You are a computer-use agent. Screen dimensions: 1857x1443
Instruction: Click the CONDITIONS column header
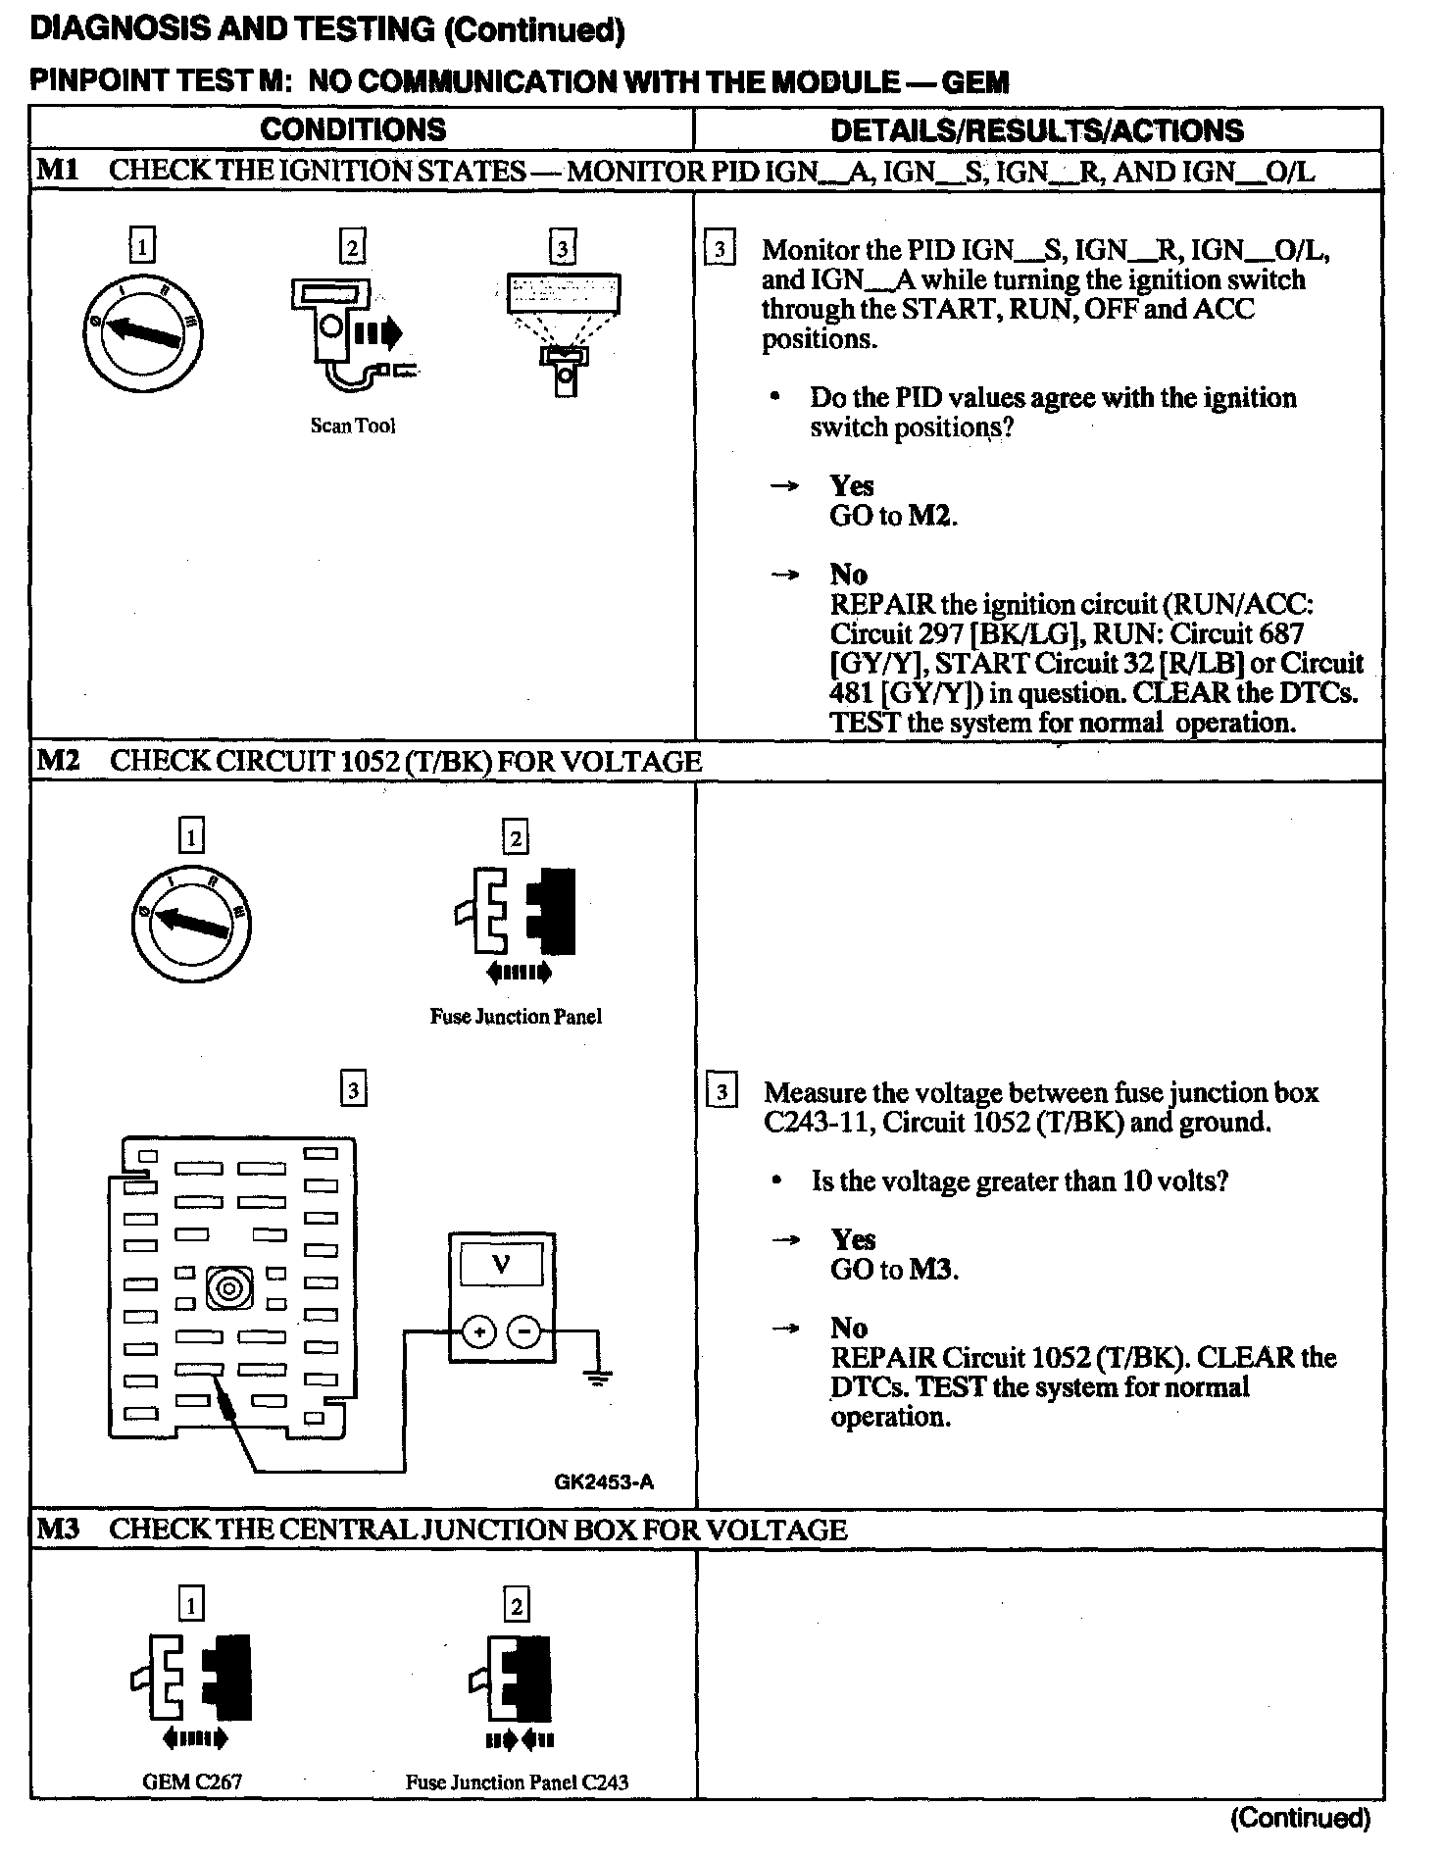(x=353, y=129)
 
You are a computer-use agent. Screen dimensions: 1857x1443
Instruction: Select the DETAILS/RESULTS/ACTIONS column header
(x=1036, y=130)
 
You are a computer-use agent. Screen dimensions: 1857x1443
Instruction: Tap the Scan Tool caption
(x=353, y=426)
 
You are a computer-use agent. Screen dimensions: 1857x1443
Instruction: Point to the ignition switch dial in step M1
(x=143, y=334)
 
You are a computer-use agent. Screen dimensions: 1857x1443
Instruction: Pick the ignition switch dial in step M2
(x=190, y=923)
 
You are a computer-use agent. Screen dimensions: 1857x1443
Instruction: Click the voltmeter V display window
(x=501, y=1264)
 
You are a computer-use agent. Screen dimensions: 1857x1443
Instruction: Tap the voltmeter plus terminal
(x=479, y=1331)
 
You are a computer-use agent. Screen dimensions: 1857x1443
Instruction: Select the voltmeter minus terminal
(x=524, y=1331)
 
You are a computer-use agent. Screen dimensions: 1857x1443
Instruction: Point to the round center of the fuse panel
(x=230, y=1287)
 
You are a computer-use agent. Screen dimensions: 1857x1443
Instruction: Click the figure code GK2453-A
(x=604, y=1481)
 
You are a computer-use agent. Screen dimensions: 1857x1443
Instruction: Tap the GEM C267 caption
(x=192, y=1782)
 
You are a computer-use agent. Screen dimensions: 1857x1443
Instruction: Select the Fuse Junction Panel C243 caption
(x=517, y=1782)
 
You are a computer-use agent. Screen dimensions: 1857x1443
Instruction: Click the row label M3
(x=57, y=1530)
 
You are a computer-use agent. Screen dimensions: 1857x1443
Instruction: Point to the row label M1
(x=57, y=171)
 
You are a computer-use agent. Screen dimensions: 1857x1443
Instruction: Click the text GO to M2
(x=893, y=516)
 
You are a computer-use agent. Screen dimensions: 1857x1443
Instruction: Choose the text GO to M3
(x=894, y=1270)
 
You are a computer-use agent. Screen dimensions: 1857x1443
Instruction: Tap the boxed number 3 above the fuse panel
(x=353, y=1089)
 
